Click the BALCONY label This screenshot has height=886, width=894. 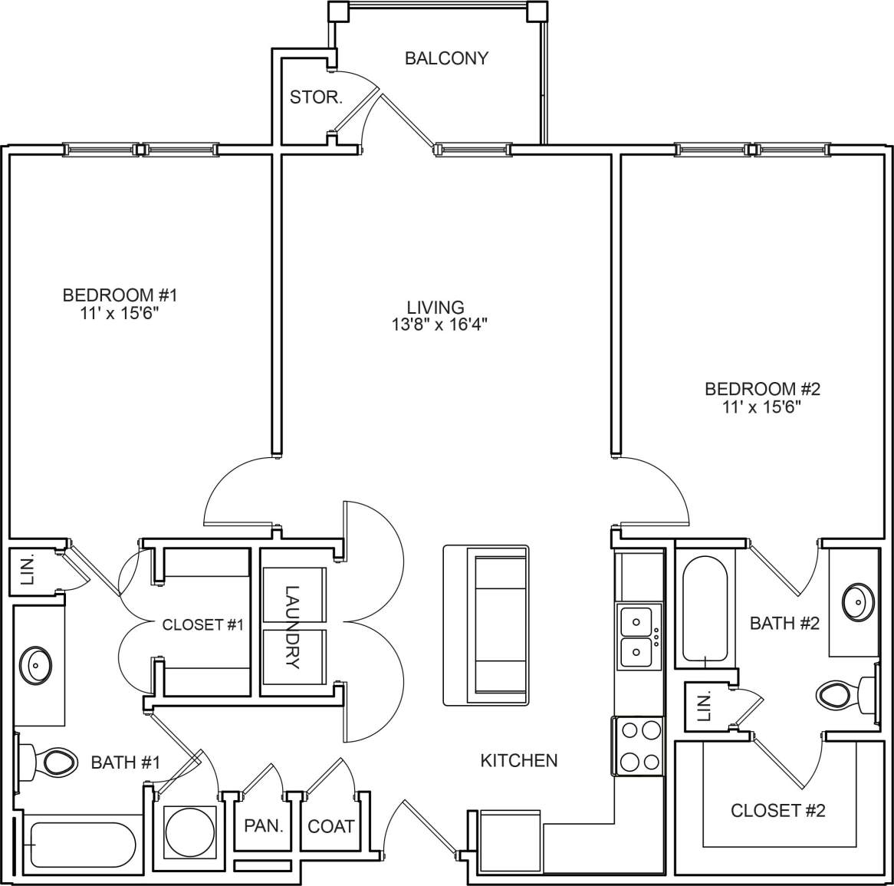446,58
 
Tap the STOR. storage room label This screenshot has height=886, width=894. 315,97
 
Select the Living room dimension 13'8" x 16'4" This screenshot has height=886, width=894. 439,324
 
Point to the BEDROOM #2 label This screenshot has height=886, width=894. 762,389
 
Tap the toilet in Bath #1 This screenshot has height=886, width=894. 55,762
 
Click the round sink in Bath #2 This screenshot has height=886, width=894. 857,601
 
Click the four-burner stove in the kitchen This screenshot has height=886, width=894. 638,746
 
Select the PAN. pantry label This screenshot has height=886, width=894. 264,826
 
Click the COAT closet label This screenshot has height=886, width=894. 330,826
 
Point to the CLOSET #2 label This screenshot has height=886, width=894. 777,810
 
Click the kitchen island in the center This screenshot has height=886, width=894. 486,625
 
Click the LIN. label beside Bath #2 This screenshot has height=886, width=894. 704,704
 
